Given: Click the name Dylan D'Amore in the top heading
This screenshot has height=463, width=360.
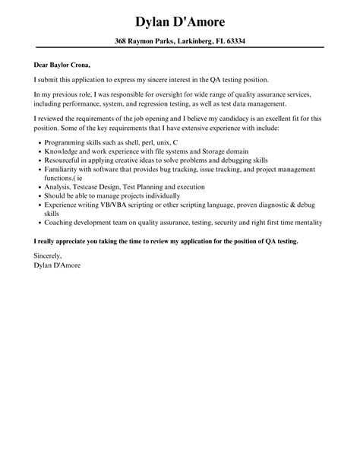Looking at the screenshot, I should coord(180,17).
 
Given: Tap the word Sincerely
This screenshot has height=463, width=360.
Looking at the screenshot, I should coord(50,257).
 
